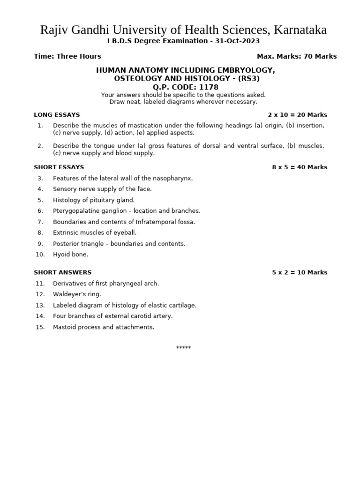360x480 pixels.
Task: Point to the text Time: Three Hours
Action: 67,56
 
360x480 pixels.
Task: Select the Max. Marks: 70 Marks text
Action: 297,56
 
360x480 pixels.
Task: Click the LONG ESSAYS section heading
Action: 57,115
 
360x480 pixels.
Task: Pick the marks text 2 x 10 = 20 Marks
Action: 297,115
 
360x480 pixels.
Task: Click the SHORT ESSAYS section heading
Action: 59,167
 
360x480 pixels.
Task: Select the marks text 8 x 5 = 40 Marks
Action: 300,167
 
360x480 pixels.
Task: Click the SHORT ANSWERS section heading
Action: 62,272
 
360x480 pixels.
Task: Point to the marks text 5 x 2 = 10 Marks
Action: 300,272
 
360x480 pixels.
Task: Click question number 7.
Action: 40,222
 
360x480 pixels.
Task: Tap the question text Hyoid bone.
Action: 70,255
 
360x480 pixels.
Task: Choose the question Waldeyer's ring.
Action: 77,294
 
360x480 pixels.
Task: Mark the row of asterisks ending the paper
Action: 183,348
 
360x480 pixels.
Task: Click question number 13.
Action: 40,305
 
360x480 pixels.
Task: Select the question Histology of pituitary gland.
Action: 94,200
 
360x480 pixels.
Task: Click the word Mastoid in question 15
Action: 64,327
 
